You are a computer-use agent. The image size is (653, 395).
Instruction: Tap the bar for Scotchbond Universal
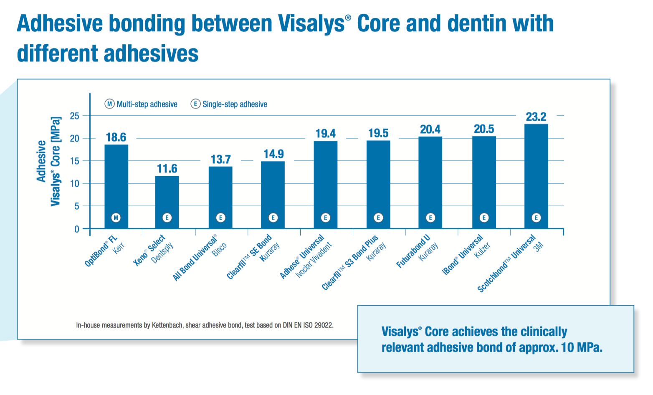coord(536,175)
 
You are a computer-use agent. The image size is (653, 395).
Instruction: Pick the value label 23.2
coord(536,117)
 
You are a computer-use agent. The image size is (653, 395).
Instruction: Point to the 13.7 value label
coord(220,160)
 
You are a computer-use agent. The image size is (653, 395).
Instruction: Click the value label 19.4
coord(325,134)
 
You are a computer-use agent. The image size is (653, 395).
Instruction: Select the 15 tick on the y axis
coord(75,161)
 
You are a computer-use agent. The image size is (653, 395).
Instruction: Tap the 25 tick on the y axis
coord(75,116)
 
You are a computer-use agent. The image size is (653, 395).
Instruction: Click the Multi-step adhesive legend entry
coord(141,104)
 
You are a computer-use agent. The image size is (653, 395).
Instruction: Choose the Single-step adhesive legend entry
coord(229,104)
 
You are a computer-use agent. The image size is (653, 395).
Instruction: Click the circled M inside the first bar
coord(116,218)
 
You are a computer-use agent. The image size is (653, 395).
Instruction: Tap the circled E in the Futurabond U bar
coord(430,218)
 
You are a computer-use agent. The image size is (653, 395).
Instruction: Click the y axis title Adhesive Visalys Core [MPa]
coord(48,161)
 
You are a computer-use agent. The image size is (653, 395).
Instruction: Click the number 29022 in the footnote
coord(324,325)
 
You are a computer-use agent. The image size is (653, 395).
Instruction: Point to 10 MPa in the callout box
coord(581,347)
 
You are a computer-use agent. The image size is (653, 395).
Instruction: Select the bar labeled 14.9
coord(273,194)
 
